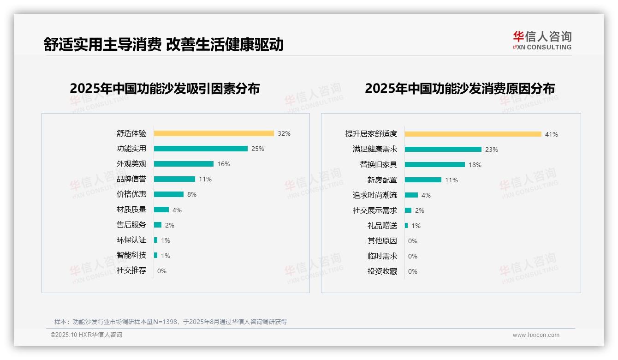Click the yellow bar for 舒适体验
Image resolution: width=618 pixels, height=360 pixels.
tap(214, 133)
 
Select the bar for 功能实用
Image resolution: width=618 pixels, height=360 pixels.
tap(201, 149)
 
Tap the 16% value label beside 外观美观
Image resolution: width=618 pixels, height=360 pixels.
tap(224, 164)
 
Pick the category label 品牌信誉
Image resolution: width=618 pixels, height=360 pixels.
tap(131, 179)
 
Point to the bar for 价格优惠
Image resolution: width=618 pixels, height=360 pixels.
tap(168, 194)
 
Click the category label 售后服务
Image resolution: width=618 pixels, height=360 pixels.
tap(131, 225)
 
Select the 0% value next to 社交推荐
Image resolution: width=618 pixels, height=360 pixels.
tap(162, 271)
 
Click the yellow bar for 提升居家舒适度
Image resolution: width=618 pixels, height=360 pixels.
tap(473, 134)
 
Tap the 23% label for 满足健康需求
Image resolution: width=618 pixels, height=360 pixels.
tap(492, 150)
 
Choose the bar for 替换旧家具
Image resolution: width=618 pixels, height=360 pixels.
tap(434, 165)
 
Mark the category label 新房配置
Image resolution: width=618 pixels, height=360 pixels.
tap(382, 180)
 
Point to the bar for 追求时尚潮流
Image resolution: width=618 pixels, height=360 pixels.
tap(411, 195)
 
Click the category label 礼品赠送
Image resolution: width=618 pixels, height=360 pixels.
tap(382, 226)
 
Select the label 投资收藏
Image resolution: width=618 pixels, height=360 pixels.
tap(382, 271)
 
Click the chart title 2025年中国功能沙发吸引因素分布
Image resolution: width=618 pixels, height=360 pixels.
tap(165, 89)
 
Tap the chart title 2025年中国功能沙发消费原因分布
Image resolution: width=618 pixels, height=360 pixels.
tap(459, 89)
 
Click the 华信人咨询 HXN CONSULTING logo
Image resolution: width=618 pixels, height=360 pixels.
tap(542, 41)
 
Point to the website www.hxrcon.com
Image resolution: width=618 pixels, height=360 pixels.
tap(536, 335)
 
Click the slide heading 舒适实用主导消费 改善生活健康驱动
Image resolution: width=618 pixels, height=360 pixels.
tap(163, 45)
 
